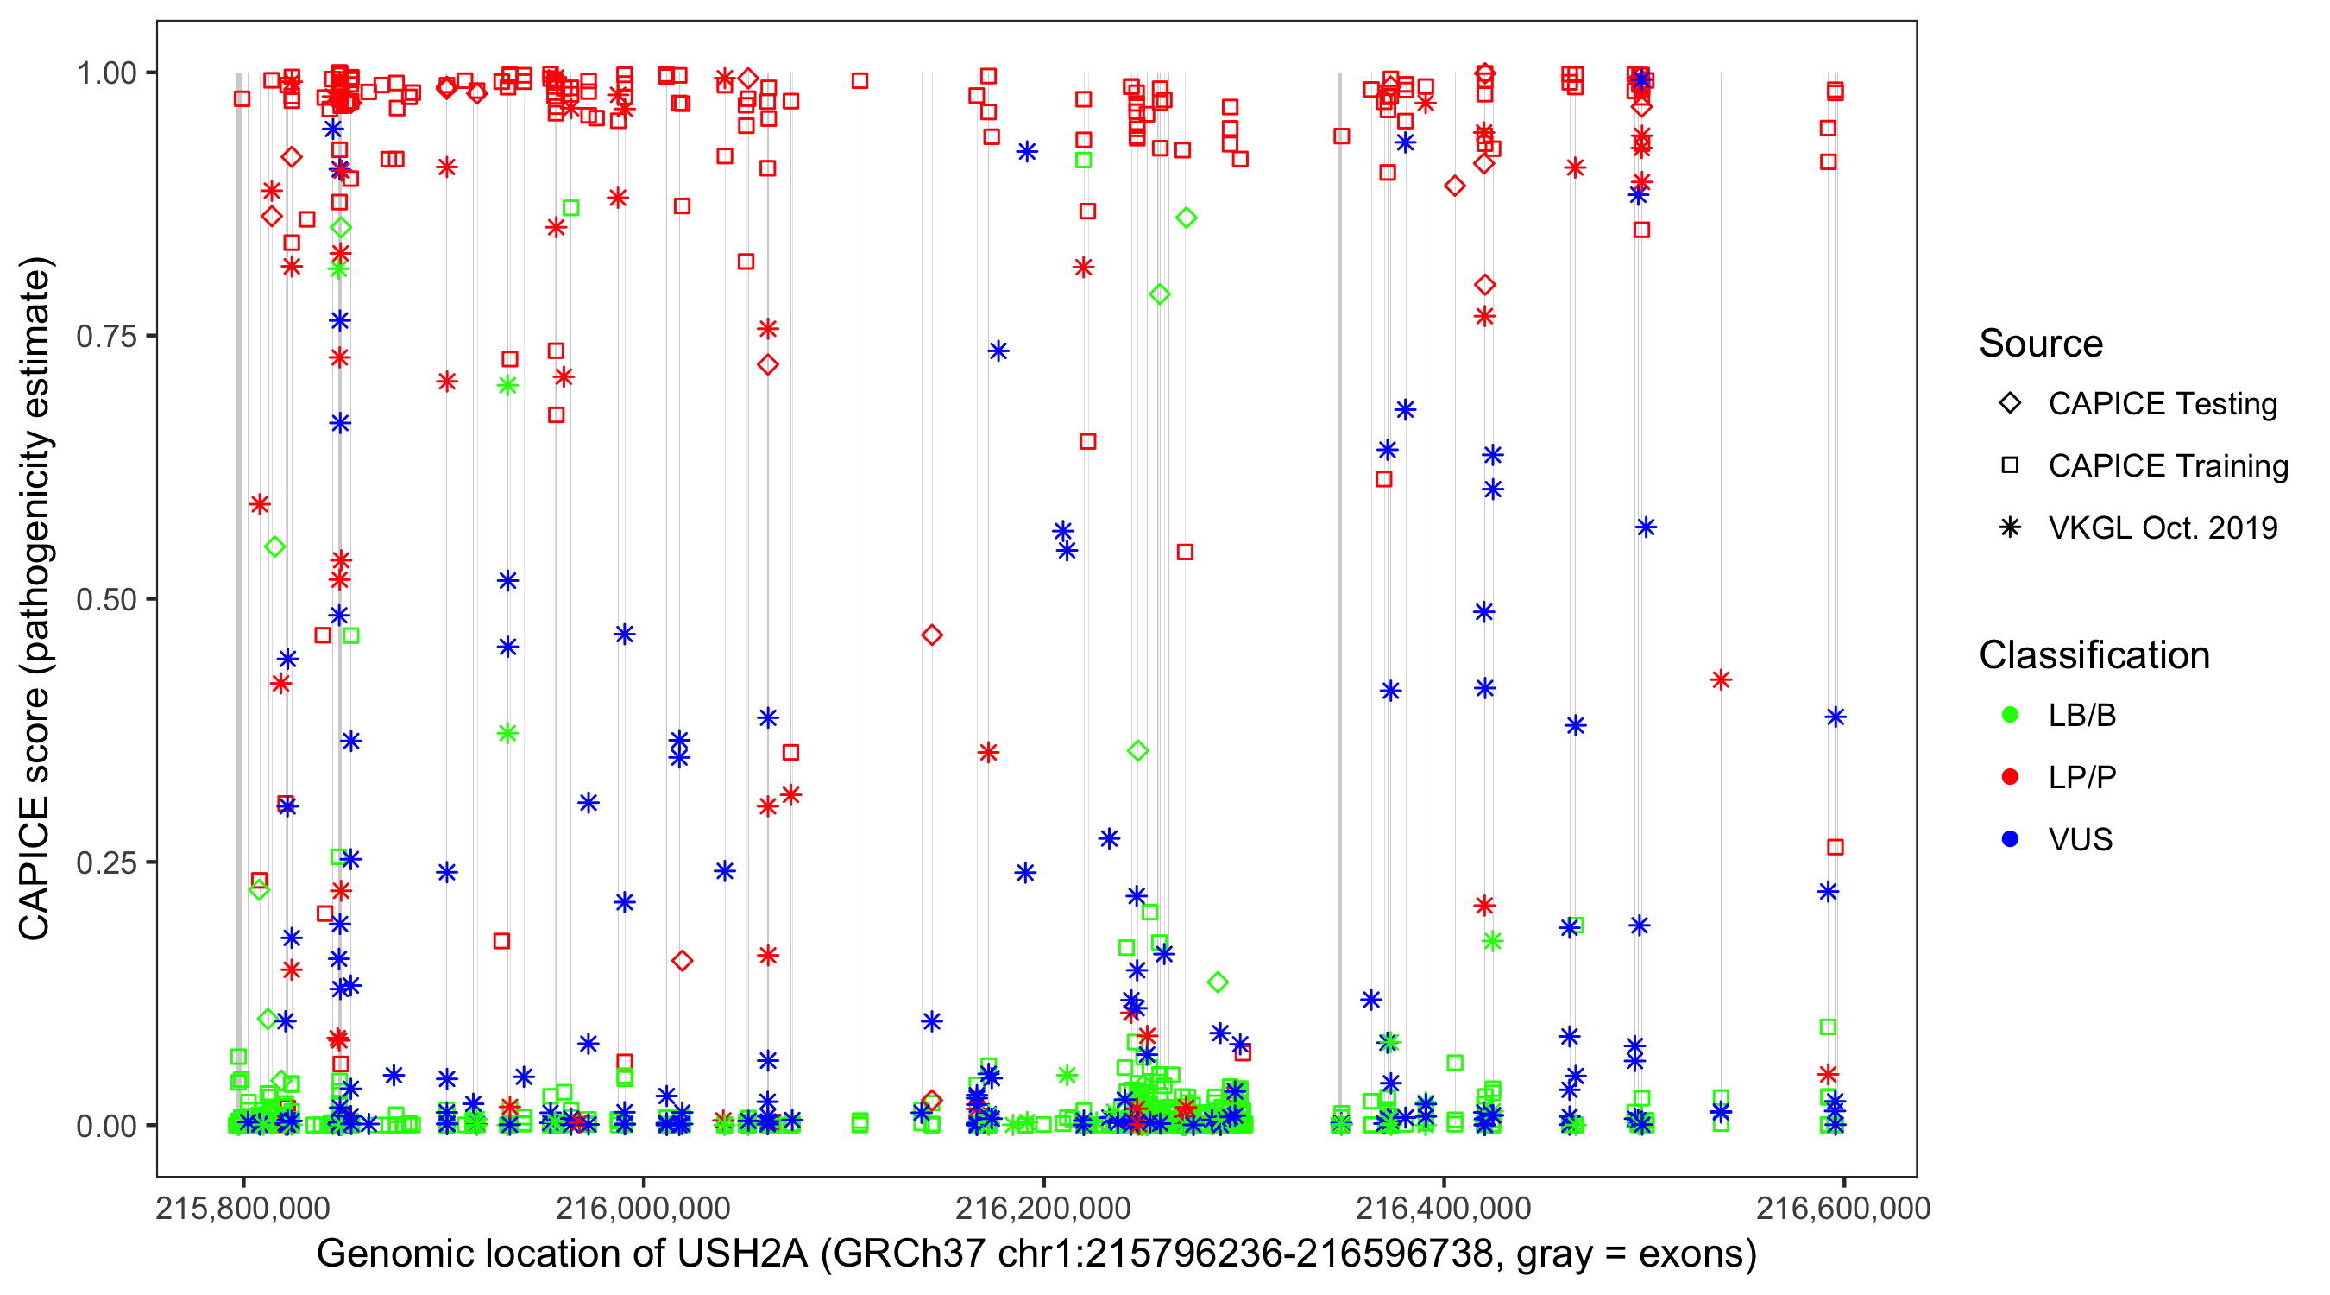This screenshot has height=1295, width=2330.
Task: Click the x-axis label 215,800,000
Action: [x=242, y=1208]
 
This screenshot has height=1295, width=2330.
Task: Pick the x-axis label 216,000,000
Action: [x=642, y=1208]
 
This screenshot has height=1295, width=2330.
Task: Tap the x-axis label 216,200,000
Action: [x=1043, y=1208]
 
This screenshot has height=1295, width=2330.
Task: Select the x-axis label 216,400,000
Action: [x=1444, y=1208]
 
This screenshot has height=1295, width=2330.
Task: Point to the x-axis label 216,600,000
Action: [x=1843, y=1208]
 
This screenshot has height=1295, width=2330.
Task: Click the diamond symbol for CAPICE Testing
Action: [x=2010, y=404]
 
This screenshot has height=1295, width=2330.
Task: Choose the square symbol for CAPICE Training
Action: [x=2010, y=466]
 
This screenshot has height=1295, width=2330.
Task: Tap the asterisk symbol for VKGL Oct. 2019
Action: [x=2010, y=527]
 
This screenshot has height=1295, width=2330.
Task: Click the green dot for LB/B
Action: [x=2010, y=715]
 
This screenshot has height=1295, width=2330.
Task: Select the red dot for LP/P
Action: [x=2010, y=777]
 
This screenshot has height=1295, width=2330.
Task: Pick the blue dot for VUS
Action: [x=2010, y=840]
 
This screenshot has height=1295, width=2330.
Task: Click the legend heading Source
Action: [x=2041, y=344]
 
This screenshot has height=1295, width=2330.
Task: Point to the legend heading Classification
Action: [x=2094, y=655]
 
